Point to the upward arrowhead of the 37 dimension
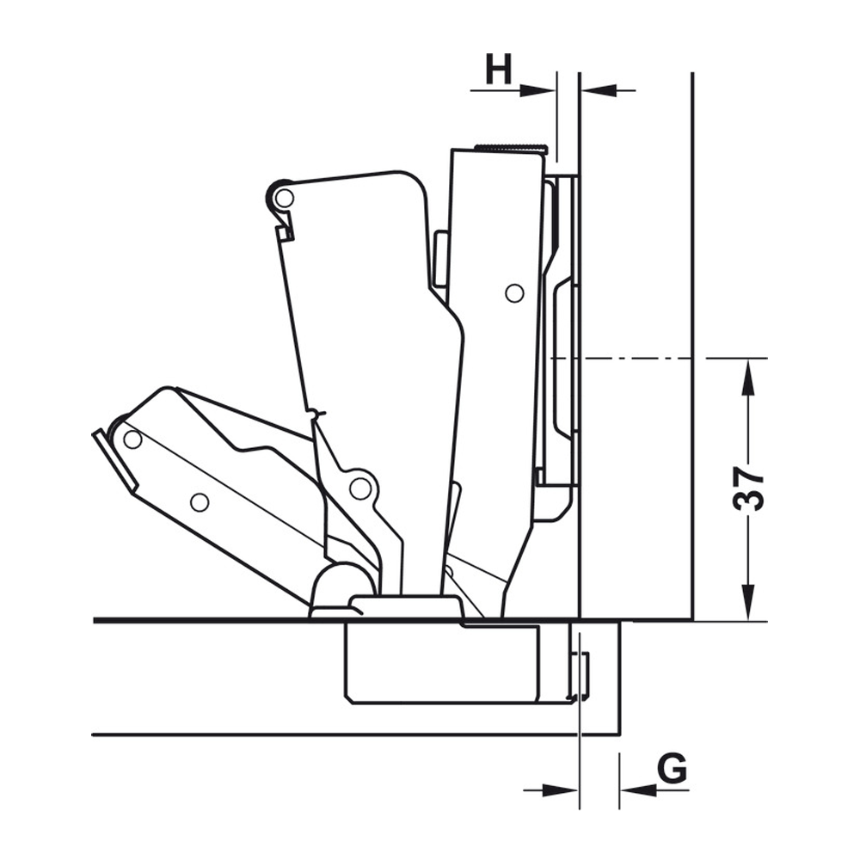(x=748, y=378)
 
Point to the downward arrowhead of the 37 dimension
(x=748, y=602)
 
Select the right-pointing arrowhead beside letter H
(x=537, y=90)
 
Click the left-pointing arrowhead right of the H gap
(x=599, y=90)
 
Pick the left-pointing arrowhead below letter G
(x=638, y=790)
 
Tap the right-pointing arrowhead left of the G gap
(x=560, y=790)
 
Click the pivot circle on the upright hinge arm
(x=514, y=293)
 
